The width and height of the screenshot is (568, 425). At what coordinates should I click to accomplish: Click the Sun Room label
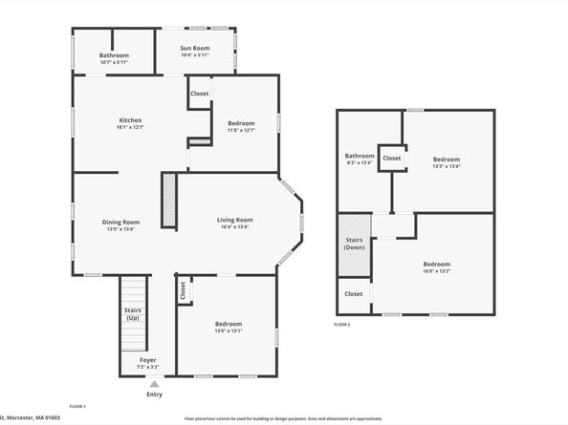pyautogui.click(x=195, y=47)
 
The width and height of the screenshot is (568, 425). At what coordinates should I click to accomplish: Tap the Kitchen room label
pyautogui.click(x=130, y=120)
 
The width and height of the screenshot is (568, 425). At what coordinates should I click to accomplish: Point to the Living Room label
pyautogui.click(x=234, y=220)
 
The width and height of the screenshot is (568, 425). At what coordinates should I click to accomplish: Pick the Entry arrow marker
pyautogui.click(x=154, y=383)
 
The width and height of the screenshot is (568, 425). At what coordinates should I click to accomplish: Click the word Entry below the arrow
pyautogui.click(x=154, y=394)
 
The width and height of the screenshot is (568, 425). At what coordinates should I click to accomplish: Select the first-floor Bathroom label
pyautogui.click(x=114, y=55)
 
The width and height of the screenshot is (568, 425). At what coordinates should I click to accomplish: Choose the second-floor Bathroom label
pyautogui.click(x=360, y=156)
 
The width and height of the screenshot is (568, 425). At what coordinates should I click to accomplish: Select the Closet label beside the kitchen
pyautogui.click(x=200, y=94)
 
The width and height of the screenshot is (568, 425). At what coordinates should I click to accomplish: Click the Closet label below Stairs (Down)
pyautogui.click(x=354, y=294)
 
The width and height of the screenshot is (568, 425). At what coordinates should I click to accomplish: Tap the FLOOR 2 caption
pyautogui.click(x=341, y=325)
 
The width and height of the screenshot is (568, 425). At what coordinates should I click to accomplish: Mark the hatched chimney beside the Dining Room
pyautogui.click(x=168, y=201)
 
